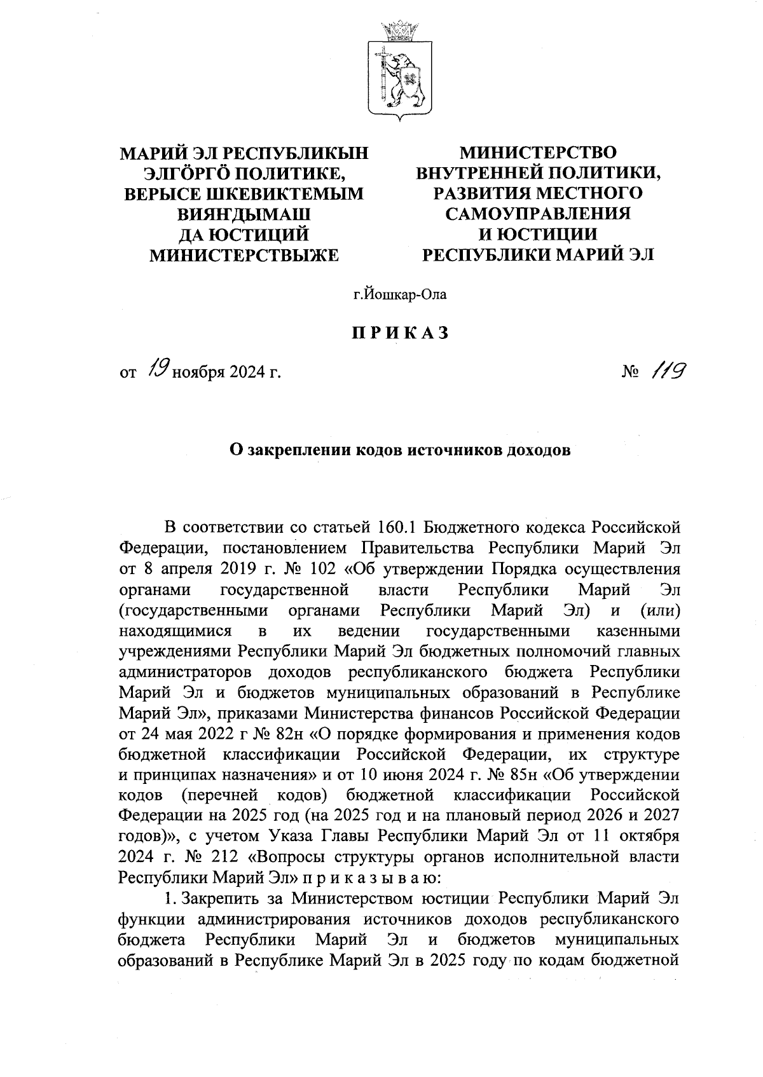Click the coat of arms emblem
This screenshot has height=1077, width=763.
tap(401, 76)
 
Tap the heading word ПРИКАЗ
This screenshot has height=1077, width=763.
tap(401, 333)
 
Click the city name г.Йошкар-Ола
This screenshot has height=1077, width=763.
tap(401, 294)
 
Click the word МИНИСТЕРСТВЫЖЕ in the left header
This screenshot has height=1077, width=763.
tap(244, 254)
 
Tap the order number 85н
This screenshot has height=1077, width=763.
tap(520, 775)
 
